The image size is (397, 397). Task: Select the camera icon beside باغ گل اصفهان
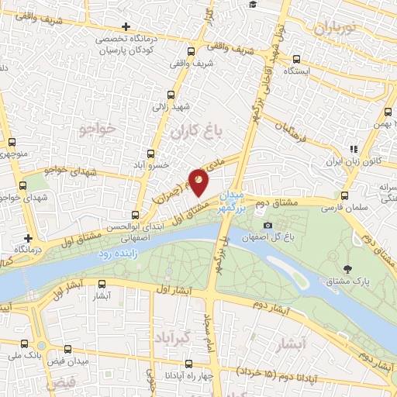click(268, 225)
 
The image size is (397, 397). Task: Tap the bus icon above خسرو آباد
click(153, 154)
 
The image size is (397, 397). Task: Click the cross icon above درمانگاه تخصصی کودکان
click(126, 26)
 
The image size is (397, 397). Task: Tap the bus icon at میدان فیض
click(67, 349)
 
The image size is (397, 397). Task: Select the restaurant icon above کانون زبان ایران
click(353, 149)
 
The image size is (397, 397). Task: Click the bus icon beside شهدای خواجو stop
click(22, 186)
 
